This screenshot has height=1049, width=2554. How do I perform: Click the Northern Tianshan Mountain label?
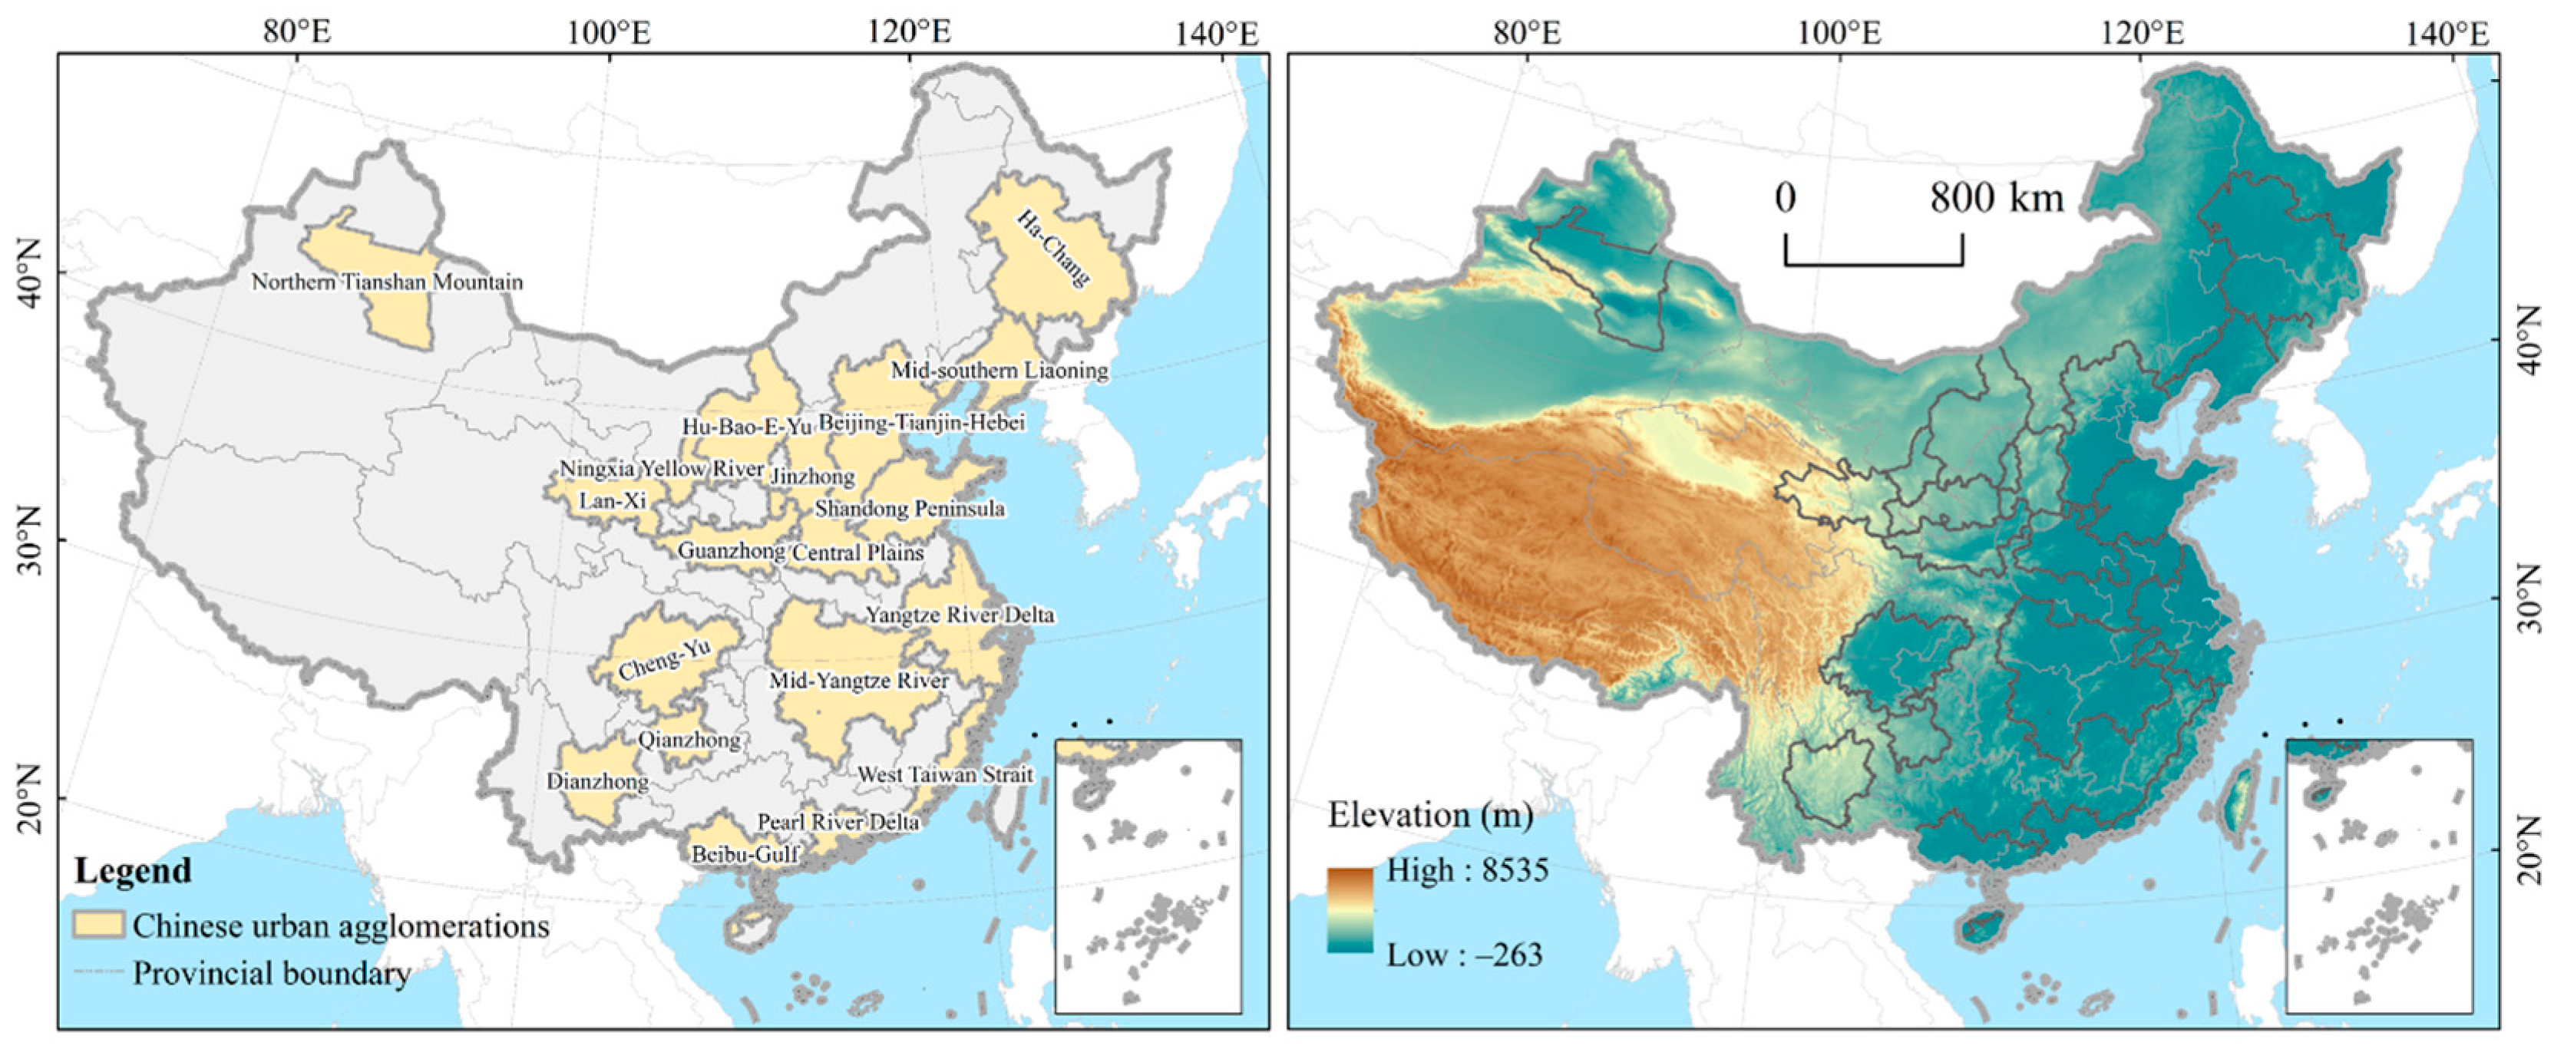pyautogui.click(x=387, y=282)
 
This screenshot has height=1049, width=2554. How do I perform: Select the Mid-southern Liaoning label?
pyautogui.click(x=999, y=371)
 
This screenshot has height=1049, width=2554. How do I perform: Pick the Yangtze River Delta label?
pyautogui.click(x=960, y=615)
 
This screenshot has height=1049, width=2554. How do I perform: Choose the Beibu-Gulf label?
pyautogui.click(x=745, y=853)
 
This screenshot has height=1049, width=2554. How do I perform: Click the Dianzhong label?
pyautogui.click(x=598, y=781)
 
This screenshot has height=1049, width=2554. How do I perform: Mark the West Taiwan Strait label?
pyautogui.click(x=945, y=774)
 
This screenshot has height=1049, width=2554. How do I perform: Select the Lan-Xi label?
pyautogui.click(x=613, y=500)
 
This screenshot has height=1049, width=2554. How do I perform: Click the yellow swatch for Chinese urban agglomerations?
pyautogui.click(x=99, y=925)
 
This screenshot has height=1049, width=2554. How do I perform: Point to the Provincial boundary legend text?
pyautogui.click(x=272, y=973)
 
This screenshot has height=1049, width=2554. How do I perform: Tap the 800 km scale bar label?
pyautogui.click(x=1996, y=198)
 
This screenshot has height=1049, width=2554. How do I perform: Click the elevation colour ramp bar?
pyautogui.click(x=1350, y=909)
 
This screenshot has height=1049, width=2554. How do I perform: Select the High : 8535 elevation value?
pyautogui.click(x=1466, y=869)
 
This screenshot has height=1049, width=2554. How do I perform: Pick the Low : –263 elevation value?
pyautogui.click(x=1465, y=955)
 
